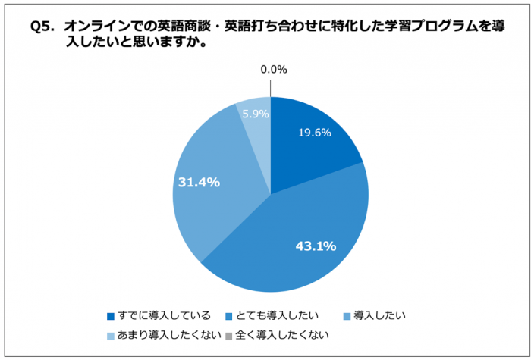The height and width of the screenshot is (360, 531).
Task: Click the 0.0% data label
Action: pyautogui.click(x=273, y=69)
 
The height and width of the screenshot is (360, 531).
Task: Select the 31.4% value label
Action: pyautogui.click(x=199, y=182)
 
